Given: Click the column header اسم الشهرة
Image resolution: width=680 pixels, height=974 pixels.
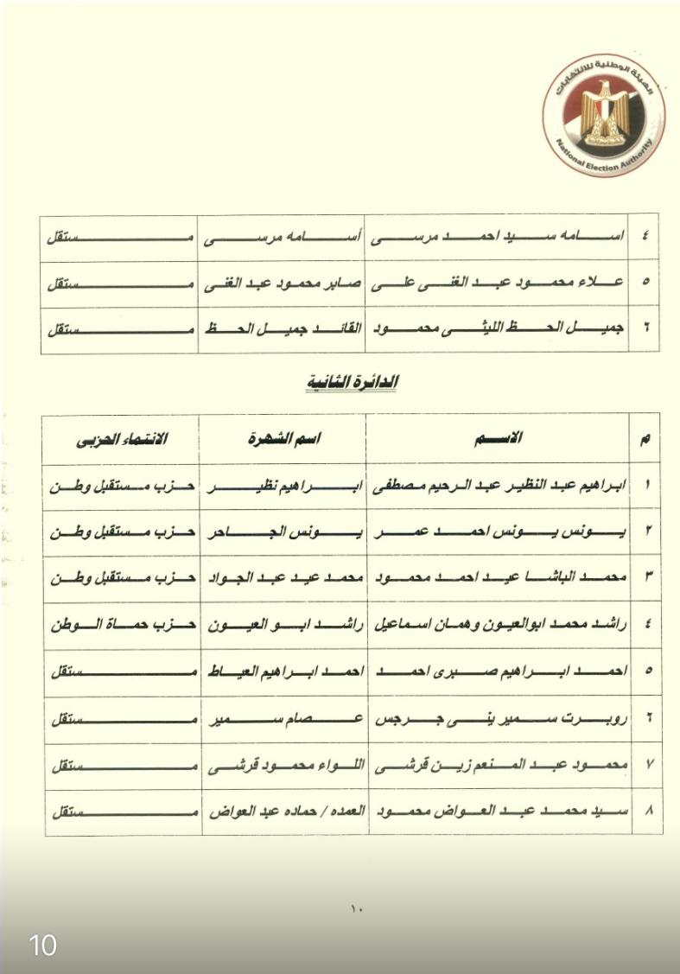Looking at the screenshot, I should point(284,438).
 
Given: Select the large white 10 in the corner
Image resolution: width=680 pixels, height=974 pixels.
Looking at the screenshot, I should point(43,945).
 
